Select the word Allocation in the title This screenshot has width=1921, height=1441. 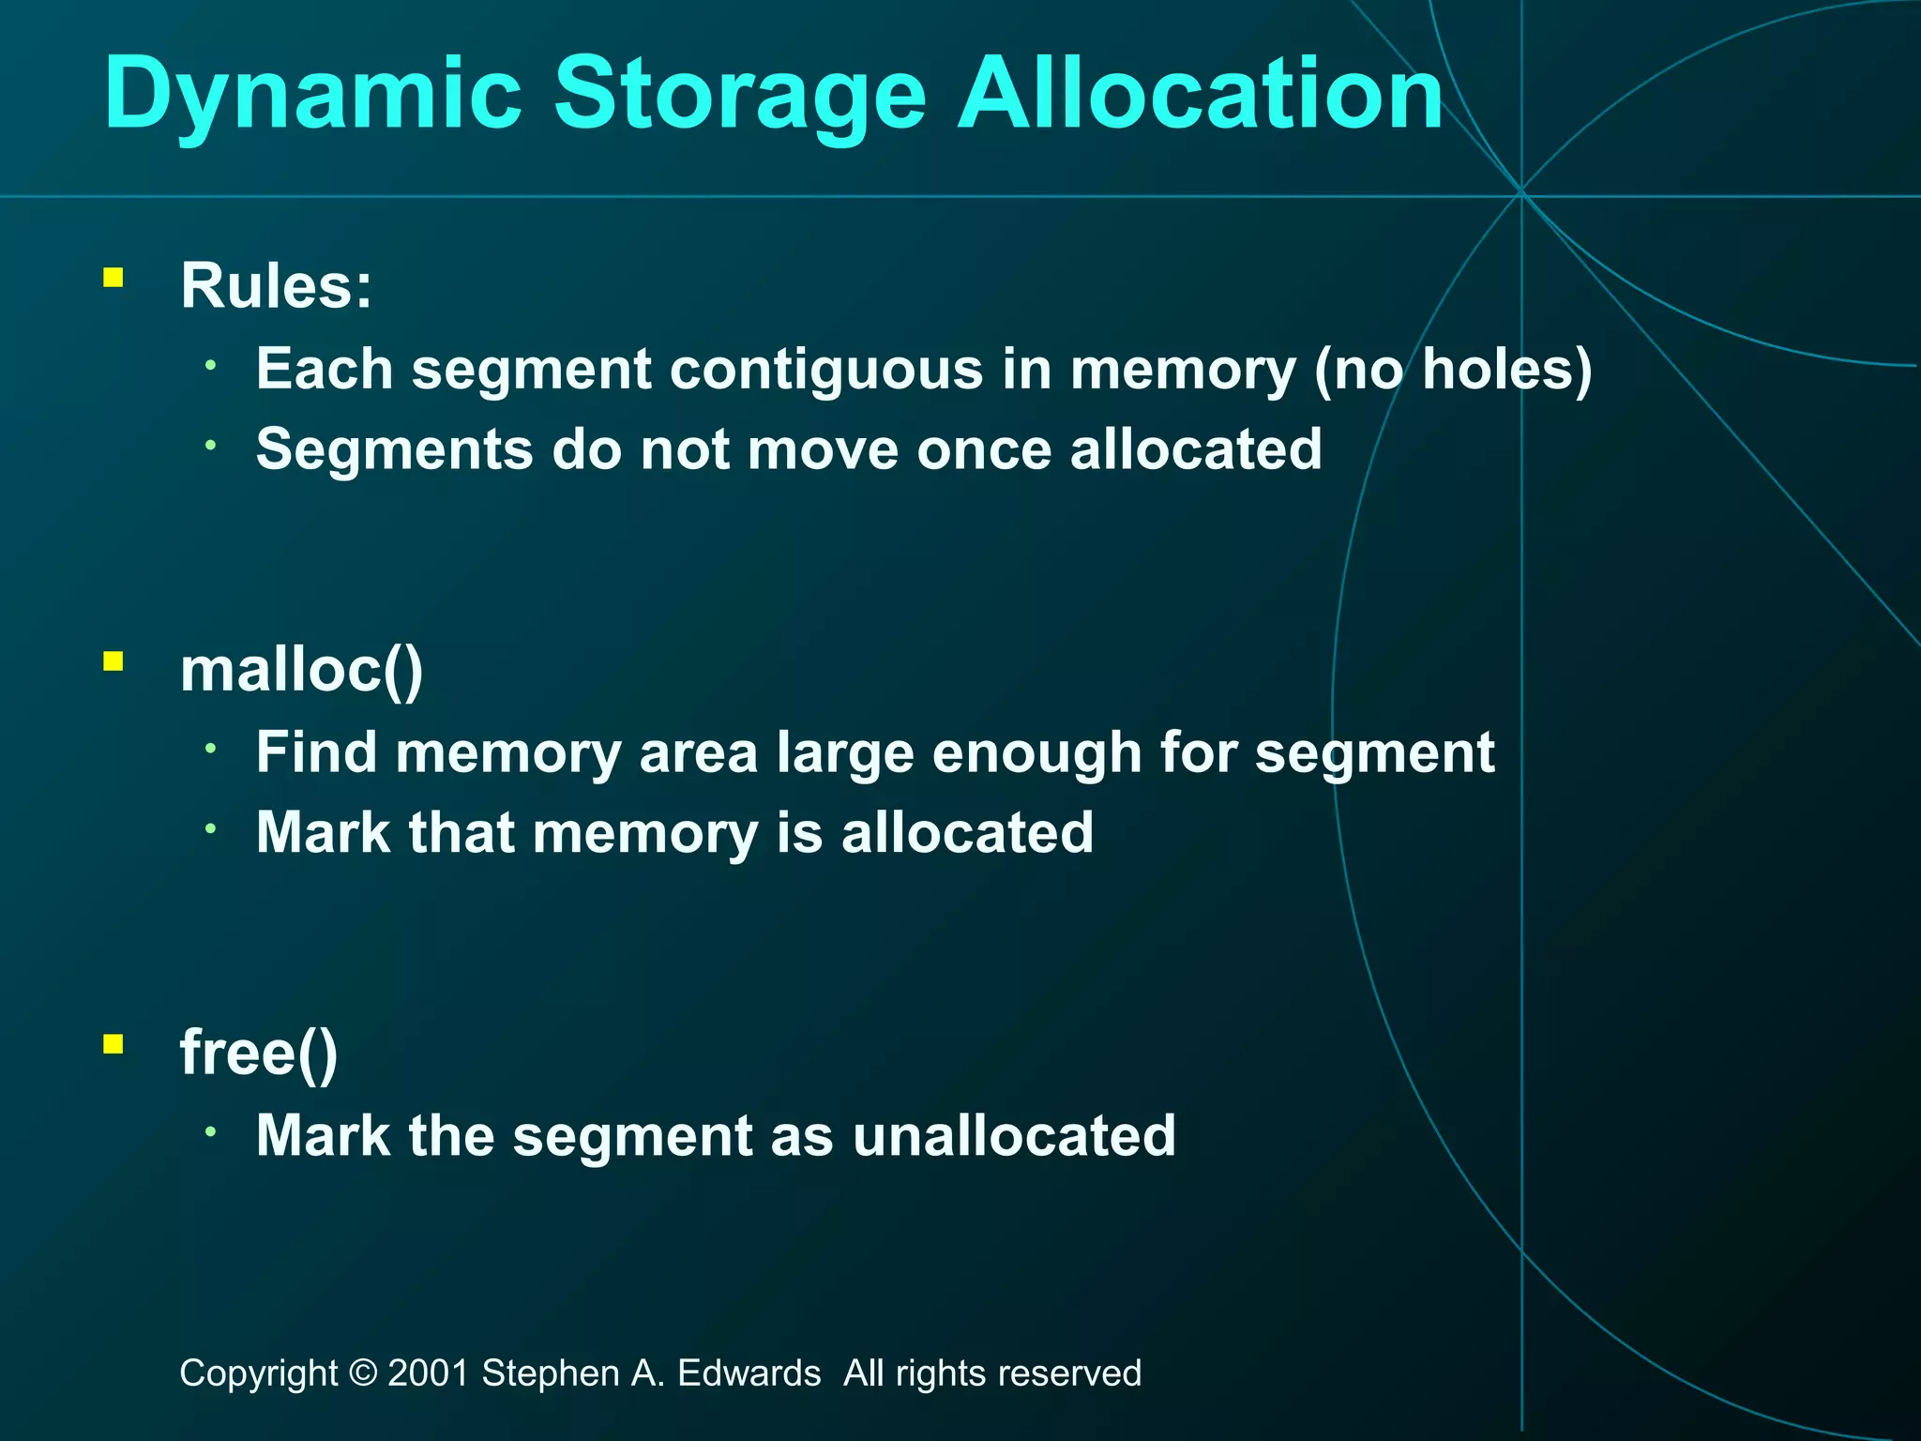click(x=1200, y=94)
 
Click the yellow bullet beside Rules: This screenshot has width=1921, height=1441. click(x=113, y=278)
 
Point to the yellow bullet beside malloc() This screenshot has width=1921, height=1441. click(x=113, y=662)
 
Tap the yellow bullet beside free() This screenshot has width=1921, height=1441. click(x=113, y=1044)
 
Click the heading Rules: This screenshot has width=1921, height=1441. click(x=277, y=285)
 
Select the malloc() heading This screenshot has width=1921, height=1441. click(x=301, y=670)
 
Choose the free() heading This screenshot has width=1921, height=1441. click(x=259, y=1053)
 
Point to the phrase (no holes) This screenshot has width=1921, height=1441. click(x=1453, y=369)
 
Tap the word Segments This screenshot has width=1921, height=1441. click(x=394, y=449)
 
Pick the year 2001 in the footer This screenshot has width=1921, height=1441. click(x=428, y=1373)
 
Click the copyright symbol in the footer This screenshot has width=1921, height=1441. click(x=362, y=1373)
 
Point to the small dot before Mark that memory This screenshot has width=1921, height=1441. click(x=212, y=827)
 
